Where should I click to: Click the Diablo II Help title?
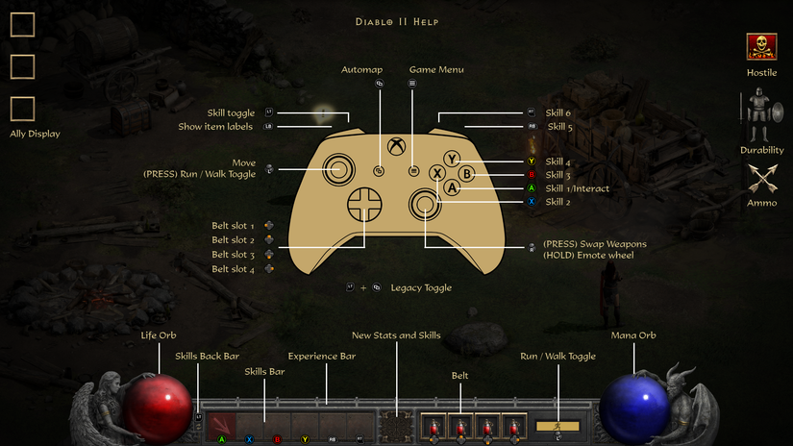pos(397,21)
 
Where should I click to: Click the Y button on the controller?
pos(453,159)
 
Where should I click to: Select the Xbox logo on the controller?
pos(396,148)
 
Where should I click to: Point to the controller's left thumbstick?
pos(338,168)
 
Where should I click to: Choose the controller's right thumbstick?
pos(425,203)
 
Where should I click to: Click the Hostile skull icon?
pos(761,47)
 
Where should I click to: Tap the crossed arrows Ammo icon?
pos(761,180)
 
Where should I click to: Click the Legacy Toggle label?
pos(421,287)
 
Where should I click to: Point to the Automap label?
pos(361,69)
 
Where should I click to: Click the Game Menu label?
pos(436,69)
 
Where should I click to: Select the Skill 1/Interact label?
pos(577,188)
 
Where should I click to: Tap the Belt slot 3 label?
pos(234,255)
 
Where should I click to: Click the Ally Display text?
pos(35,134)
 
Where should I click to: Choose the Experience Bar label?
pos(322,356)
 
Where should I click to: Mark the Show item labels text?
pos(216,126)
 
